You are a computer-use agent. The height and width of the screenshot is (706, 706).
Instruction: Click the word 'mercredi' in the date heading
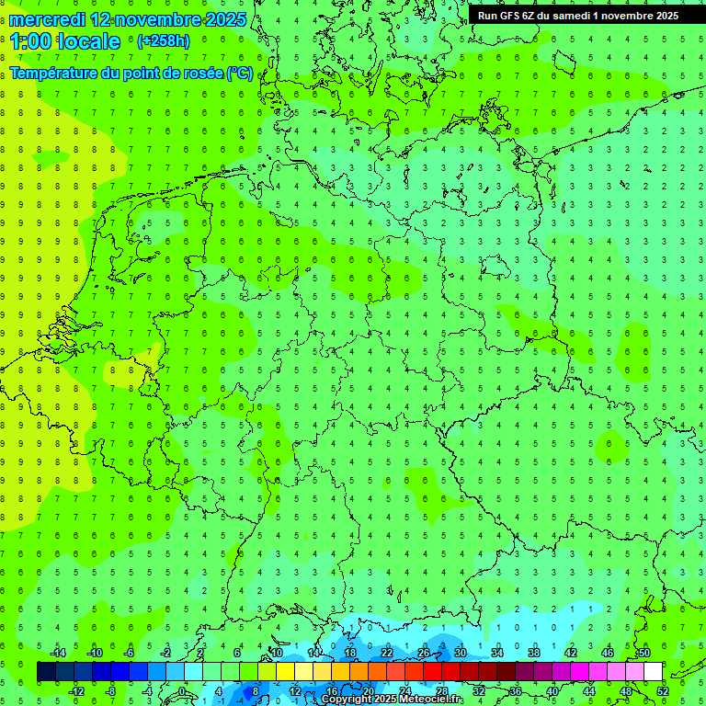coord(48,19)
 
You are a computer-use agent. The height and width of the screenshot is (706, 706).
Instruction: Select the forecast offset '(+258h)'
coord(163,40)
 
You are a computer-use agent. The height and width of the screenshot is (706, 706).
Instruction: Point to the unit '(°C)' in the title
coord(239,73)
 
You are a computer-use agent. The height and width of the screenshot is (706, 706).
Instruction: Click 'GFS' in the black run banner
coord(511,16)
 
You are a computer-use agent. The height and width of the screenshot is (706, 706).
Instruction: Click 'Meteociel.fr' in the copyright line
coord(431,700)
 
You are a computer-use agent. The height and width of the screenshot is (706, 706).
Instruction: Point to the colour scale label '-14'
coord(58,653)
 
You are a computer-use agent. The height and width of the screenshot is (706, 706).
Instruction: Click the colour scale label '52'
coord(663,691)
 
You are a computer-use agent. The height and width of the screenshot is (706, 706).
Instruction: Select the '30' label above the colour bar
coord(461,653)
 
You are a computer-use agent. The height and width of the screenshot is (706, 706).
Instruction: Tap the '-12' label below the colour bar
coord(76,691)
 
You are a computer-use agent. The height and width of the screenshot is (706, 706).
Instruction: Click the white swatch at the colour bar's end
coord(653,672)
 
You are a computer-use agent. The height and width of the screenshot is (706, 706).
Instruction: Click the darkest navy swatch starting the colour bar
coord(46,672)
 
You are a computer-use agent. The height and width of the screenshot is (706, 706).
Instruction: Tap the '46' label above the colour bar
coord(608,653)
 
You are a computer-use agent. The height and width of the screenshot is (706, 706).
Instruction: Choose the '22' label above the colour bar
coord(387,653)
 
